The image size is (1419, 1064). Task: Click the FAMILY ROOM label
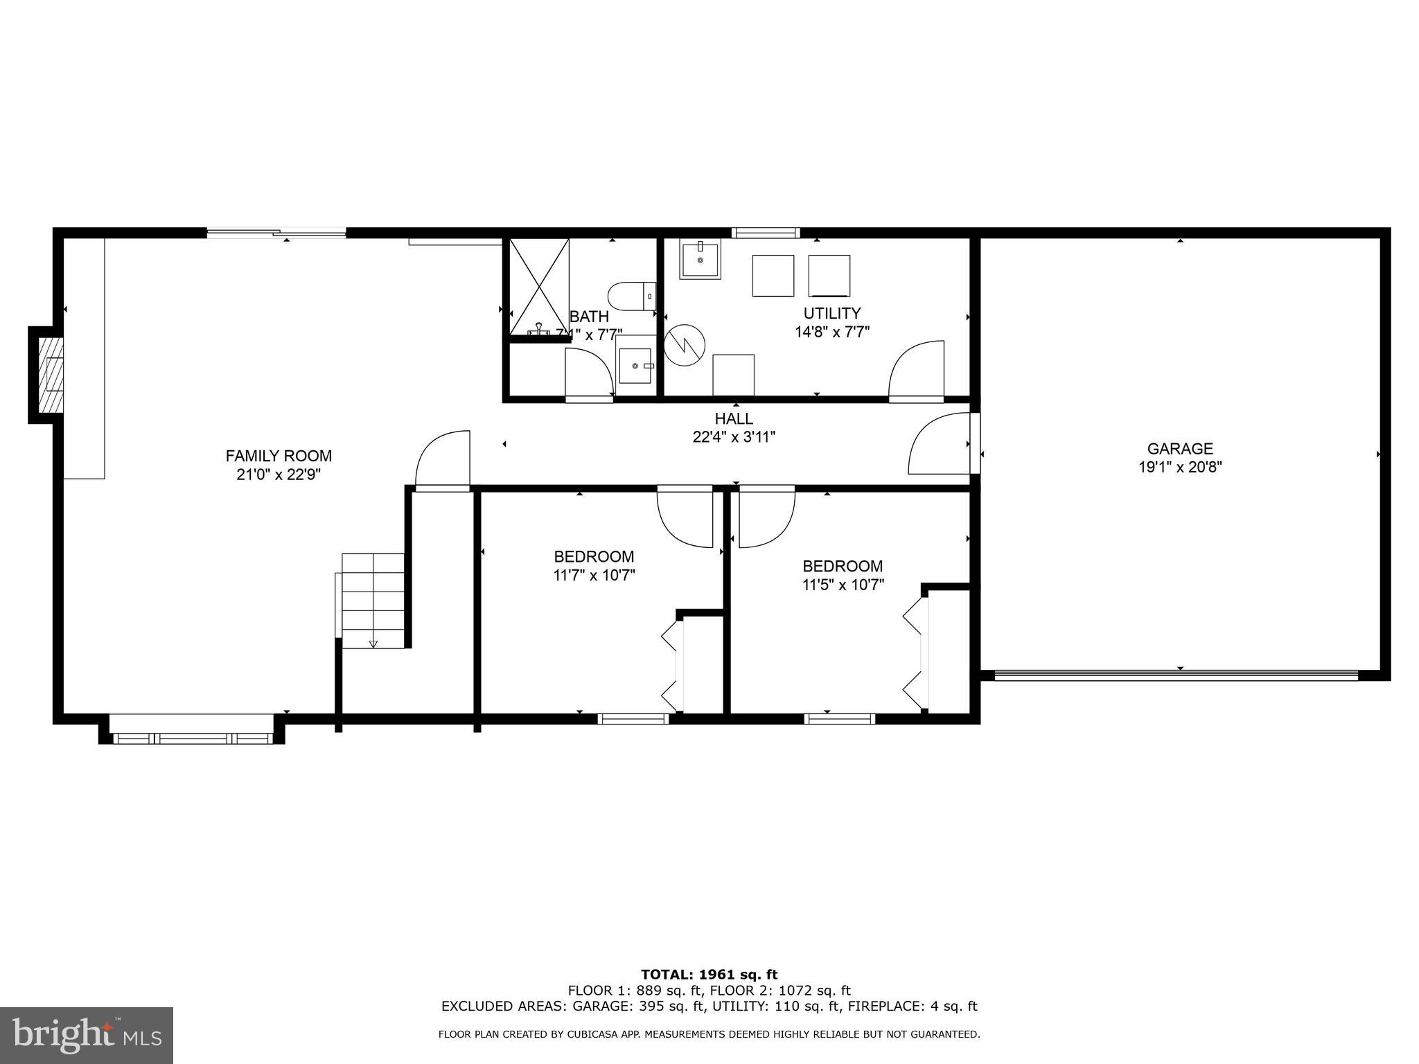[279, 456]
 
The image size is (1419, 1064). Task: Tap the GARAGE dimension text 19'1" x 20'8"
[1180, 468]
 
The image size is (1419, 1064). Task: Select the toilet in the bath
[631, 296]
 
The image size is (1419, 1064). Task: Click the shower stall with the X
[539, 287]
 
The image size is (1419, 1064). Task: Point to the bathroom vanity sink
[635, 365]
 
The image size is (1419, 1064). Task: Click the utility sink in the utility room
[699, 259]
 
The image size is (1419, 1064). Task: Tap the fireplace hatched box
[51, 375]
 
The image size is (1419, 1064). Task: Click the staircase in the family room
[373, 601]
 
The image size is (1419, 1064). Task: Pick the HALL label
[734, 418]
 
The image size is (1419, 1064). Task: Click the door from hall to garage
[940, 444]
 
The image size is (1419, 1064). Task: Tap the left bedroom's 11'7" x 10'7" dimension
[594, 575]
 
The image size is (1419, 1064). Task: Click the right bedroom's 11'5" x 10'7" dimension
[843, 585]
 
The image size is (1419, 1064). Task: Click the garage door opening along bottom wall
[1176, 675]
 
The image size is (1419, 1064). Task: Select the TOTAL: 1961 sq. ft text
[709, 975]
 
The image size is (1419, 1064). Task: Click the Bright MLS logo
[87, 1035]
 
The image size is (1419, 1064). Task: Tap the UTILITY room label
[831, 313]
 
